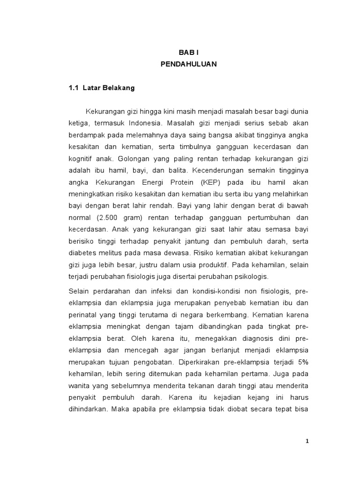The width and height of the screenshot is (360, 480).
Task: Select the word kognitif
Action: (80, 157)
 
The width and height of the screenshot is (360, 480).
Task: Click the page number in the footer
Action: (307, 441)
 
